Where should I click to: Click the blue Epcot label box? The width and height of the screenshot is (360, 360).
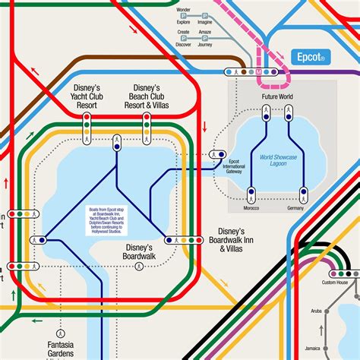pos(311,56)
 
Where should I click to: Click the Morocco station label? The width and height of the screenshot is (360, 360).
pos(251,207)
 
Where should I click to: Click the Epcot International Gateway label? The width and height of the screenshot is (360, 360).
pos(235,166)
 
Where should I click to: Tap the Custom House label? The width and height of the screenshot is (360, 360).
pos(335,283)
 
